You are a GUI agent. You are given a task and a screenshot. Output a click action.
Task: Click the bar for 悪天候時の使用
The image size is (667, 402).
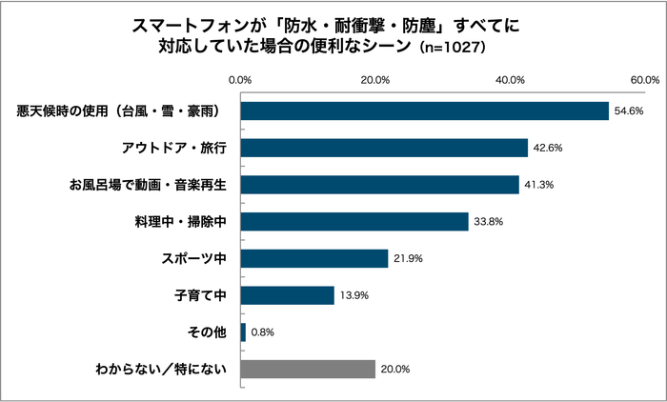(424, 111)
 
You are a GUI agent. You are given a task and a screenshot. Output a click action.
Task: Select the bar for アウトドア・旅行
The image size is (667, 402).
(384, 148)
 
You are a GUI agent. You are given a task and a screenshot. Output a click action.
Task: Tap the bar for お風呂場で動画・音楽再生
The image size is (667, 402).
(379, 184)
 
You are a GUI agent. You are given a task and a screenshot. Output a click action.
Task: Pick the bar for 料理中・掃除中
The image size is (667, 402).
(354, 221)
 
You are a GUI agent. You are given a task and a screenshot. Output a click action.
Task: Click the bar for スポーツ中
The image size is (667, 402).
(314, 258)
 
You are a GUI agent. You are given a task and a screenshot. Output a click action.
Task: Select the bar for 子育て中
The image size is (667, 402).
(287, 295)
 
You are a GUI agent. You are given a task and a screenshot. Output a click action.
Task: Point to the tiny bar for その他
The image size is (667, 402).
(243, 332)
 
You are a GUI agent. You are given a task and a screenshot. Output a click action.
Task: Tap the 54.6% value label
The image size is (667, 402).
(630, 111)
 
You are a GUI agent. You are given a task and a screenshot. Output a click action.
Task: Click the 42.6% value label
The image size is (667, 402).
(549, 149)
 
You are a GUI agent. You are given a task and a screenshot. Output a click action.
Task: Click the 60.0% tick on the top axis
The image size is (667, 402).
(645, 80)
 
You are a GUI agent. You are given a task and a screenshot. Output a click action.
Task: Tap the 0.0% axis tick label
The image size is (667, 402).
(241, 80)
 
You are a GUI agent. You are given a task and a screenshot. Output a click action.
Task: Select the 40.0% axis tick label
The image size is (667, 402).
(511, 80)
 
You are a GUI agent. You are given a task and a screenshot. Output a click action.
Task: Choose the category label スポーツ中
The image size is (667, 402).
(195, 259)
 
